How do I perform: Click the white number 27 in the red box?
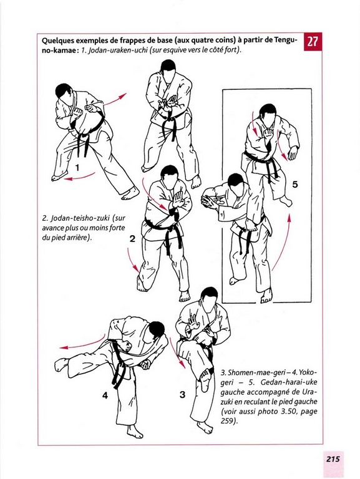312,42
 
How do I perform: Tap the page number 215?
333,459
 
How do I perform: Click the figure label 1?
77,167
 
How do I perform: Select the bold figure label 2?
132,239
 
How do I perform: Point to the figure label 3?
182,395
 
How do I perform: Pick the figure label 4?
105,395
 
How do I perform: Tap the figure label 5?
295,185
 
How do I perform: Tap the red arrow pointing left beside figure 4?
82,344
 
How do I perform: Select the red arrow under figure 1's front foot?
79,177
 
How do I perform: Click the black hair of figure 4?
157,329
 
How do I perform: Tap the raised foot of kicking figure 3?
205,376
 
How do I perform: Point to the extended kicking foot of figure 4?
61,364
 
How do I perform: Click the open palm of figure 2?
178,199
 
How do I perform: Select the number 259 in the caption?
226,421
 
